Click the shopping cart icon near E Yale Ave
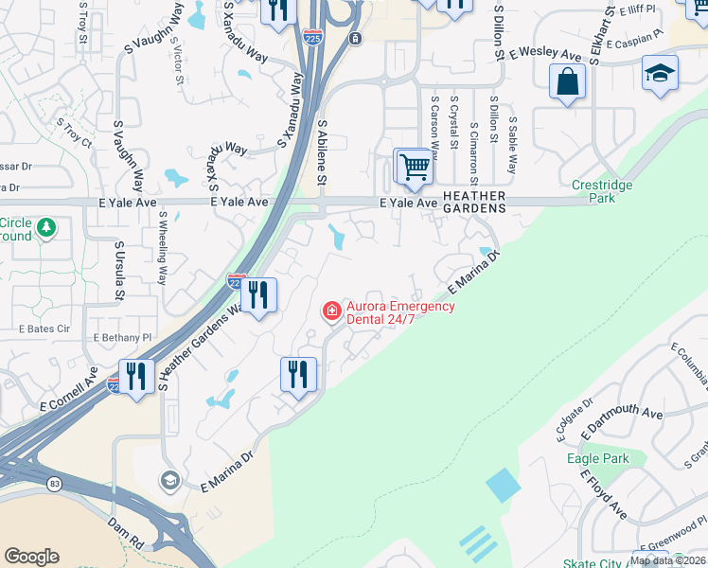[x=414, y=168]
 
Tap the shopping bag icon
[x=568, y=81]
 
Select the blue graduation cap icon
[x=659, y=73]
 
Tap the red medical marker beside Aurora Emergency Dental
[x=331, y=311]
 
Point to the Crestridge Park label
[x=594, y=191]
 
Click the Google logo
[x=31, y=556]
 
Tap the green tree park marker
[x=45, y=228]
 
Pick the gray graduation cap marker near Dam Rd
[x=169, y=480]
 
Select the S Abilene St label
[x=323, y=151]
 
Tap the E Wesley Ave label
[x=542, y=56]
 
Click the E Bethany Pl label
[x=122, y=337]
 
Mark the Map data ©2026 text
[x=666, y=560]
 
